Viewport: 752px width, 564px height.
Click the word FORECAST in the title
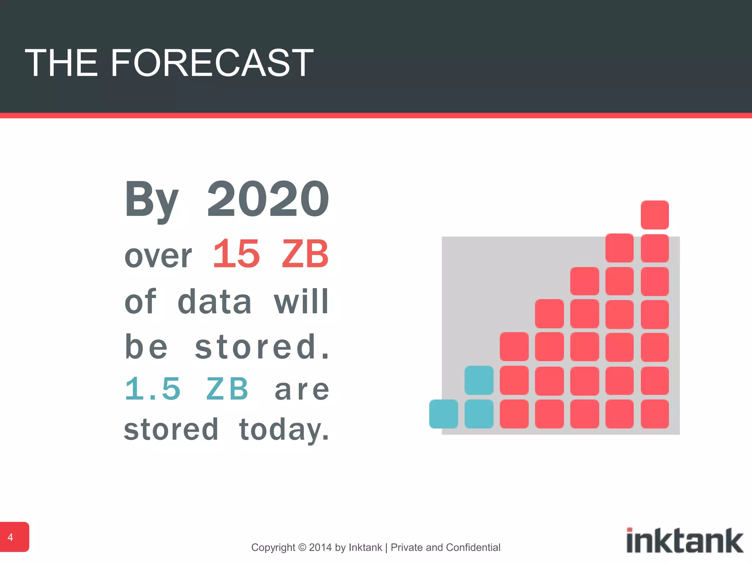(211, 63)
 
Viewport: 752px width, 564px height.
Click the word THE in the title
(61, 63)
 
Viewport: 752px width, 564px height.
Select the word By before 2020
(151, 200)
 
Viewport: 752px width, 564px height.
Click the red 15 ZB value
(271, 254)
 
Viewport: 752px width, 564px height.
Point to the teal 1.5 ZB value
(187, 389)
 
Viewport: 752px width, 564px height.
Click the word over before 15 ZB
(158, 256)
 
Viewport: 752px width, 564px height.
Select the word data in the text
(214, 302)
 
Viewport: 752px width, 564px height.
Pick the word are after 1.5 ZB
(302, 390)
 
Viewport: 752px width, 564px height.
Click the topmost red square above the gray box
(654, 215)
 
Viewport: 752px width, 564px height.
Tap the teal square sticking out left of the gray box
(443, 414)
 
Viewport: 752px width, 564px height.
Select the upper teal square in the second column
(478, 380)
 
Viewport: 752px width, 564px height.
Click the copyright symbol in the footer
(302, 547)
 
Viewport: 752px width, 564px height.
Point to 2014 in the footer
(321, 547)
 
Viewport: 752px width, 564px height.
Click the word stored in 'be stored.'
(255, 347)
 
